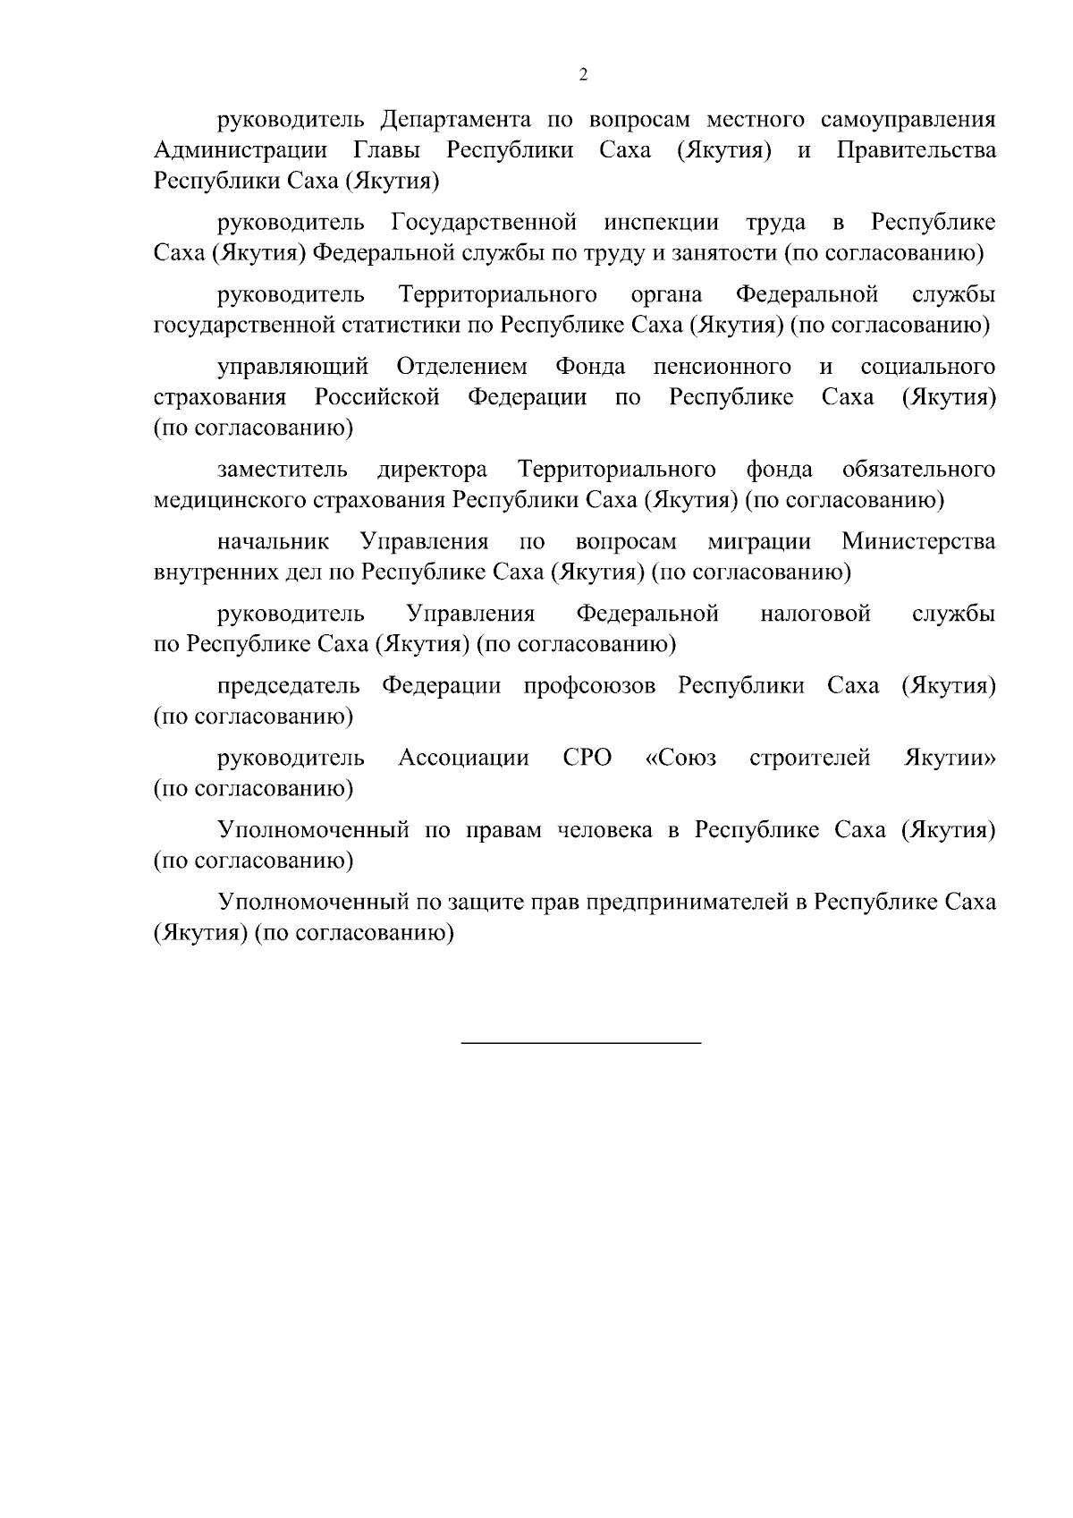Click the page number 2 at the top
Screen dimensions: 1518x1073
tap(583, 75)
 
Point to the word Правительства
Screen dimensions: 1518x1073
tap(916, 150)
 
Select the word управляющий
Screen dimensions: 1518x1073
tap(292, 367)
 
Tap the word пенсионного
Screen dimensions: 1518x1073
tap(722, 367)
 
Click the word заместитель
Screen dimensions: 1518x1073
tap(282, 470)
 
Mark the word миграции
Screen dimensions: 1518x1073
tap(758, 542)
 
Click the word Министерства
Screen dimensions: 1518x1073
tap(918, 542)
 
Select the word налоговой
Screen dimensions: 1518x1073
tap(815, 614)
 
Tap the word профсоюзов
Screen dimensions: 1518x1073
tap(589, 686)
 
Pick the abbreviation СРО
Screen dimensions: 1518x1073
tap(587, 759)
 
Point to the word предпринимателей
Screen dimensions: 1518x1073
tap(686, 903)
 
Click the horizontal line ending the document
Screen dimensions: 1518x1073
tap(581, 1042)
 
